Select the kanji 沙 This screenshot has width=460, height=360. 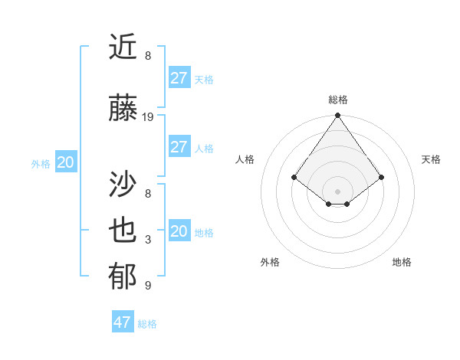pos(123,184)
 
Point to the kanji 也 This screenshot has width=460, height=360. pos(123,231)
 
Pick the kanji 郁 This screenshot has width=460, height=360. pos(123,277)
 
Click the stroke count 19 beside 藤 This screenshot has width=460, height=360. pos(148,117)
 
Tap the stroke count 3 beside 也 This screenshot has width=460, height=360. pos(148,240)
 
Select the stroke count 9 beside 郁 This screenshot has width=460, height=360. pos(148,286)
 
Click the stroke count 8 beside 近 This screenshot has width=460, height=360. pos(148,56)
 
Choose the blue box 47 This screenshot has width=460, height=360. pos(123,322)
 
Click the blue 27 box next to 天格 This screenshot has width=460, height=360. pos(179,78)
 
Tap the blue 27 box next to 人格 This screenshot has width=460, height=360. pos(179,147)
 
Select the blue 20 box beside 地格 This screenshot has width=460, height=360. pos(179,231)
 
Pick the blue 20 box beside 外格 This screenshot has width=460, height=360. pos(66,162)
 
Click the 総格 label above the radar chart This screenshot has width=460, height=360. pos(338,100)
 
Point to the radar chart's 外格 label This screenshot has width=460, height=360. pos(270,262)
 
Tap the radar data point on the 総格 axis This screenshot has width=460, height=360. pos(338,116)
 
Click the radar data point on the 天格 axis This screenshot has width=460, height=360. pos(382,177)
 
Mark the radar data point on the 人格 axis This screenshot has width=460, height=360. pos(294,177)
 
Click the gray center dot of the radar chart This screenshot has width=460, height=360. pos(338,191)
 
